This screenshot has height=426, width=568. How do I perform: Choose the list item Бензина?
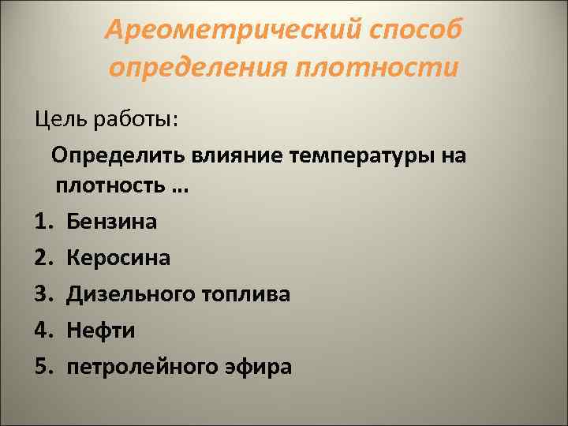[111, 222]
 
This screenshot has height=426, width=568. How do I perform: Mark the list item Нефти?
[100, 331]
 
